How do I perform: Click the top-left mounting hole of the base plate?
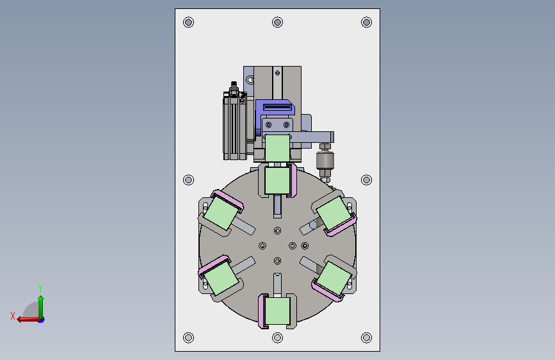coord(188,22)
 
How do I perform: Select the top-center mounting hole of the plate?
coord(278,22)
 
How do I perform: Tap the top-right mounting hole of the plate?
coord(366,22)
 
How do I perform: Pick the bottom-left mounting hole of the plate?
coord(188,338)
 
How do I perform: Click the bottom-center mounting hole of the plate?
coord(278,338)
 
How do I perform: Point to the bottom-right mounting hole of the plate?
coord(366,338)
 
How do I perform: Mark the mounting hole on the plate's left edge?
coord(188,180)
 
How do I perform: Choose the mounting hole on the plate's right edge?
coord(366,180)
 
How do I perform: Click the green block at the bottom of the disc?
coord(278,311)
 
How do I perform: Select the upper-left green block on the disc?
coord(221,213)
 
